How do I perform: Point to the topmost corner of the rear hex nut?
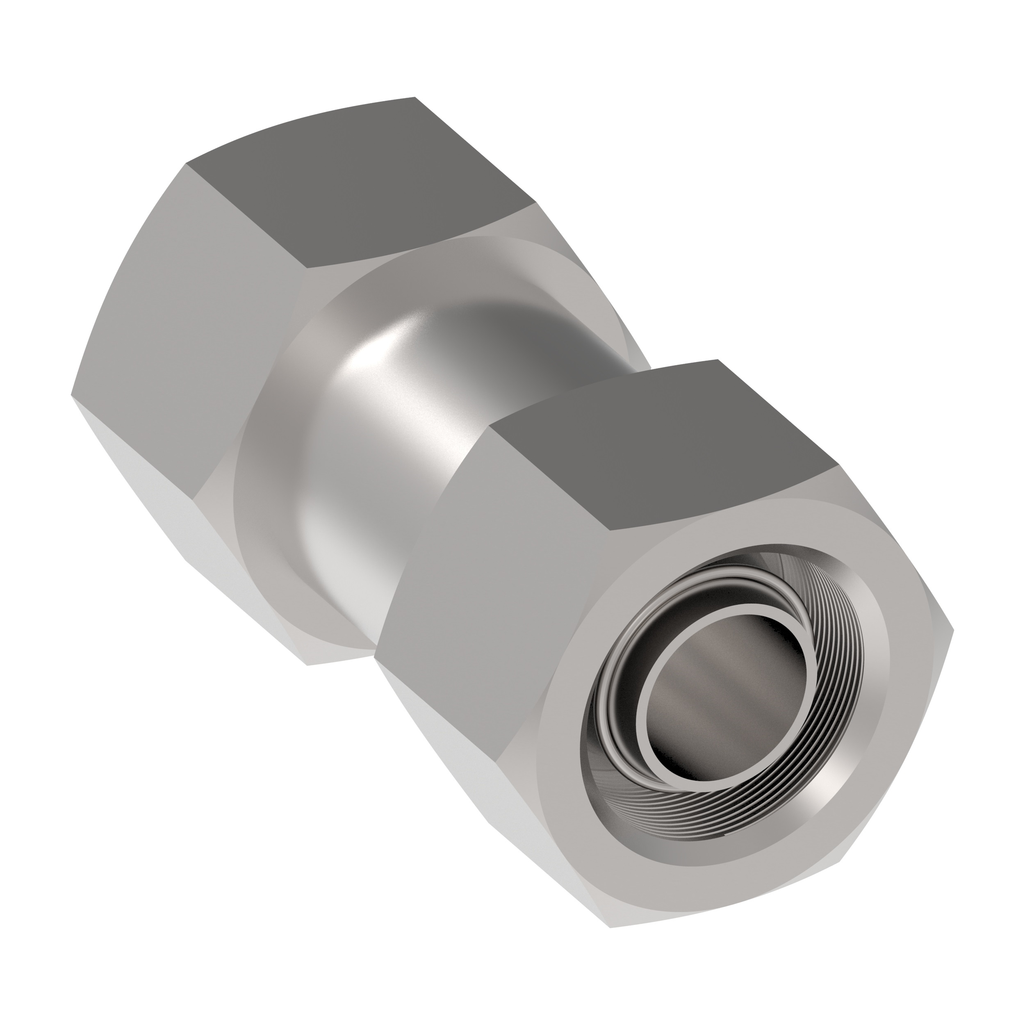415,98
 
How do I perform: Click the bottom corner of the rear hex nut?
308,665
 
